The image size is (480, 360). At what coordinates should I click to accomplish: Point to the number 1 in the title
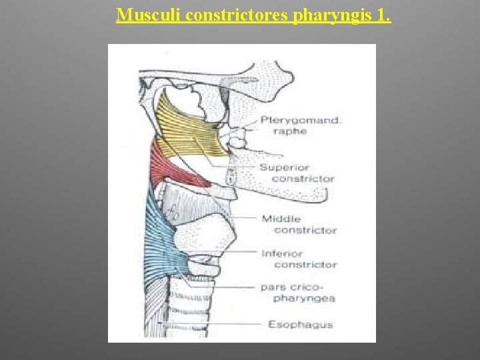coord(383,15)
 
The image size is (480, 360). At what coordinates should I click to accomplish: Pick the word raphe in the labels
coord(289,131)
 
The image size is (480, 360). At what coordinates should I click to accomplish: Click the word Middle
coord(281,219)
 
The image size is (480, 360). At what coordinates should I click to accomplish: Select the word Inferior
coord(282,253)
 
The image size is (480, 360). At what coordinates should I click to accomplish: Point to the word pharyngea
coord(304,298)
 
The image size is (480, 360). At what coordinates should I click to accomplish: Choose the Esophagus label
coord(300,325)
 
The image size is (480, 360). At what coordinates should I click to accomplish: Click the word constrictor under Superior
coord(303,179)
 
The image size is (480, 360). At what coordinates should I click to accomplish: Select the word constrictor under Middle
coord(305,230)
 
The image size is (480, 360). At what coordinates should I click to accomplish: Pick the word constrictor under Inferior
coord(305,265)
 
